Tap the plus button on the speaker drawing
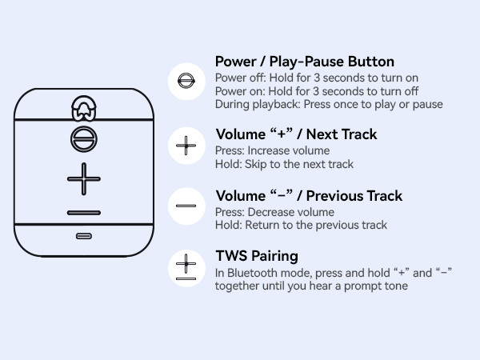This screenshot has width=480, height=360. click(84, 178)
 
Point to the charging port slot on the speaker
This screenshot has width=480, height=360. click(84, 236)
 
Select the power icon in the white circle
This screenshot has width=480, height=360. click(186, 81)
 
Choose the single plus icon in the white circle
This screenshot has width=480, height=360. click(186, 146)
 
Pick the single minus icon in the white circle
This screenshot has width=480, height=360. click(186, 206)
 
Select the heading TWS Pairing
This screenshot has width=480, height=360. click(257, 256)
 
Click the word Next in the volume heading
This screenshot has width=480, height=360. click(322, 134)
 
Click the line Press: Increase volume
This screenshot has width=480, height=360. click(273, 150)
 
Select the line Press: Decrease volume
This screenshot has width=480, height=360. click(274, 212)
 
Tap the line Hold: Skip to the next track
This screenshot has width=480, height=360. click(284, 164)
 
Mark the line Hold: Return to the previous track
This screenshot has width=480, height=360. click(301, 225)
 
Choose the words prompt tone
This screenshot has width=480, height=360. click(376, 286)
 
